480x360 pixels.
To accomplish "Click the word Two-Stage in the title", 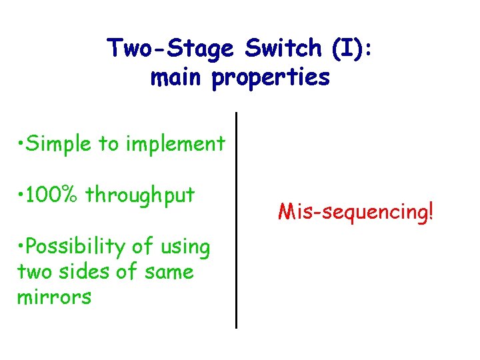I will [x=171, y=49].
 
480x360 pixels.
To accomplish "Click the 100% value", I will [x=54, y=195].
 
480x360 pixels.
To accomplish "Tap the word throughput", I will [x=140, y=196].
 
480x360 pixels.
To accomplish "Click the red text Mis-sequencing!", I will [x=356, y=213].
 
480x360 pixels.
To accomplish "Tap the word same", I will [x=171, y=272].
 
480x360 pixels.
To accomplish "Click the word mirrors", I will [x=54, y=297].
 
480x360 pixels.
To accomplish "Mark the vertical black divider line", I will [x=237, y=220].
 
